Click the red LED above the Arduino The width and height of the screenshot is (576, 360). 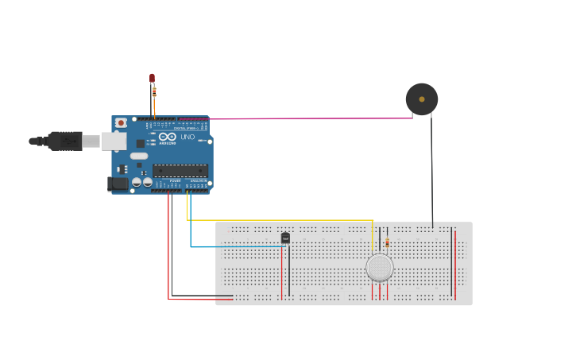[152, 77]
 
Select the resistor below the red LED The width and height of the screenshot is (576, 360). [154, 92]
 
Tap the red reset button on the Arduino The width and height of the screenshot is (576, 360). [121, 123]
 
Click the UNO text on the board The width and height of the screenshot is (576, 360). [187, 137]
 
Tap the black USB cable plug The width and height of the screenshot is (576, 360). [64, 141]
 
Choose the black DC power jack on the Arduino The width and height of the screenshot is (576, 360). [118, 184]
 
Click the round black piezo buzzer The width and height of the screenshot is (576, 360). [421, 99]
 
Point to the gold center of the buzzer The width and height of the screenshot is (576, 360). [422, 99]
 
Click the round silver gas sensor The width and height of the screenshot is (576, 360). [380, 268]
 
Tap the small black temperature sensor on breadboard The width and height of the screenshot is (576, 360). [285, 237]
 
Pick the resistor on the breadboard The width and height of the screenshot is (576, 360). [387, 242]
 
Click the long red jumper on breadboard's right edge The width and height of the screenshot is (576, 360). [454, 262]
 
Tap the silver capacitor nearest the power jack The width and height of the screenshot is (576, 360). [136, 182]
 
